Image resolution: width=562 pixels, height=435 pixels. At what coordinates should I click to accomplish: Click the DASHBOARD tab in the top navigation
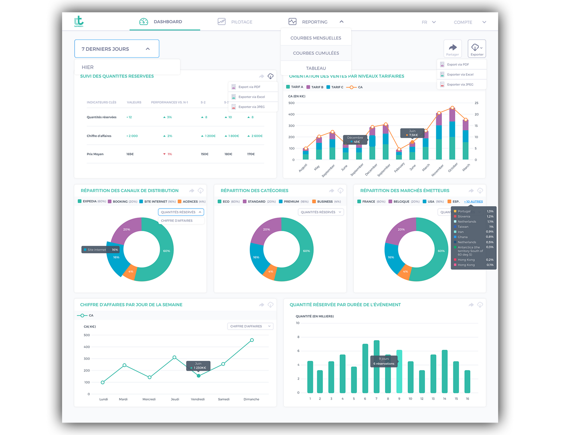pos(167,22)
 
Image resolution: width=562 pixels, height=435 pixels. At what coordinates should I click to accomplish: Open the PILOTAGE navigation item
pos(241,22)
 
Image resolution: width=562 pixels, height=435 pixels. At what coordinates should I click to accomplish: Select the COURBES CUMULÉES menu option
pos(316,53)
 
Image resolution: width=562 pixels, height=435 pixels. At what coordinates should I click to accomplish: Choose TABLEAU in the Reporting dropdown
pos(316,68)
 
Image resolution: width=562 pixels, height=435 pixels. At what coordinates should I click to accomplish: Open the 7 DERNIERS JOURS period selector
pos(116,49)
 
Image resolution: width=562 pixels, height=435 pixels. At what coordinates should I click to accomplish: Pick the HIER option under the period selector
pos(88,67)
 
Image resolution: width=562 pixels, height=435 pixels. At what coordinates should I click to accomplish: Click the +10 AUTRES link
pos(473,201)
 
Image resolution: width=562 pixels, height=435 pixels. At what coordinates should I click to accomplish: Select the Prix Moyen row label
pos(95,154)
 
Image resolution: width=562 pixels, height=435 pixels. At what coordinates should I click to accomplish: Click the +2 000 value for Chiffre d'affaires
pos(132,136)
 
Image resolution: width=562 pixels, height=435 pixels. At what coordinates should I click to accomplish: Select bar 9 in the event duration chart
pos(399,372)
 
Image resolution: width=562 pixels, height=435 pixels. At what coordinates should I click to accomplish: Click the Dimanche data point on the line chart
pos(252,340)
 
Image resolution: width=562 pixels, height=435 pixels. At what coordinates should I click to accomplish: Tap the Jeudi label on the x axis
pos(175,399)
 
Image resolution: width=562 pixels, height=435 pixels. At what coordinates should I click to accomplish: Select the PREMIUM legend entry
pos(291,201)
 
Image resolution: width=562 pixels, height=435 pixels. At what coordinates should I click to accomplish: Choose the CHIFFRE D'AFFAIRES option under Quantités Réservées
pos(177,221)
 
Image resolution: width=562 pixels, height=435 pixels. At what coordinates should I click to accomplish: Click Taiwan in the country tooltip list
pos(463,227)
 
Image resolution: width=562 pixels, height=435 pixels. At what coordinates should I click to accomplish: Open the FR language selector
pos(428,22)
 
